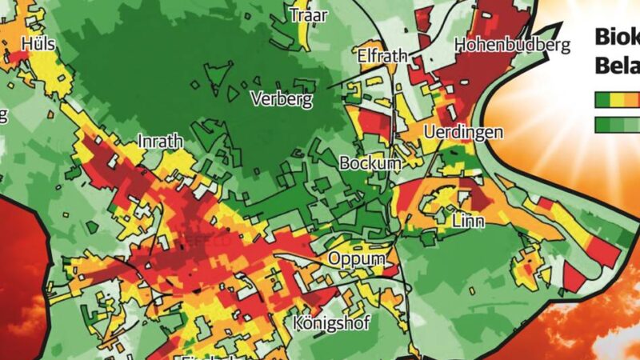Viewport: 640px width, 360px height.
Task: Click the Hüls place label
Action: tap(37, 43)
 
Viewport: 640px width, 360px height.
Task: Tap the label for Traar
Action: tap(309, 16)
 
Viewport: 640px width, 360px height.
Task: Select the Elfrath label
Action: tap(382, 57)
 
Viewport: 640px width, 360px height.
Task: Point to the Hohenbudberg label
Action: tap(513, 45)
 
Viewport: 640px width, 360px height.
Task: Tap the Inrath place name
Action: tap(161, 142)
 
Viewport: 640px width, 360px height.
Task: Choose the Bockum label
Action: tap(370, 163)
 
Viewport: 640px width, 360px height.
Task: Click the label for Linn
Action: tap(469, 220)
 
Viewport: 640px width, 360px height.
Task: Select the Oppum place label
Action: tap(356, 259)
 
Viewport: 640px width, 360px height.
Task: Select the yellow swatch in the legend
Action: tap(615, 99)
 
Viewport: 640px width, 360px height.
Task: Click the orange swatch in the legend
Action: tap(630, 99)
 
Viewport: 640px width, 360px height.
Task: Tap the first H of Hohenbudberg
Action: tap(461, 45)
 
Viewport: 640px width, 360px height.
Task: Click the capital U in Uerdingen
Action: tap(428, 132)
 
